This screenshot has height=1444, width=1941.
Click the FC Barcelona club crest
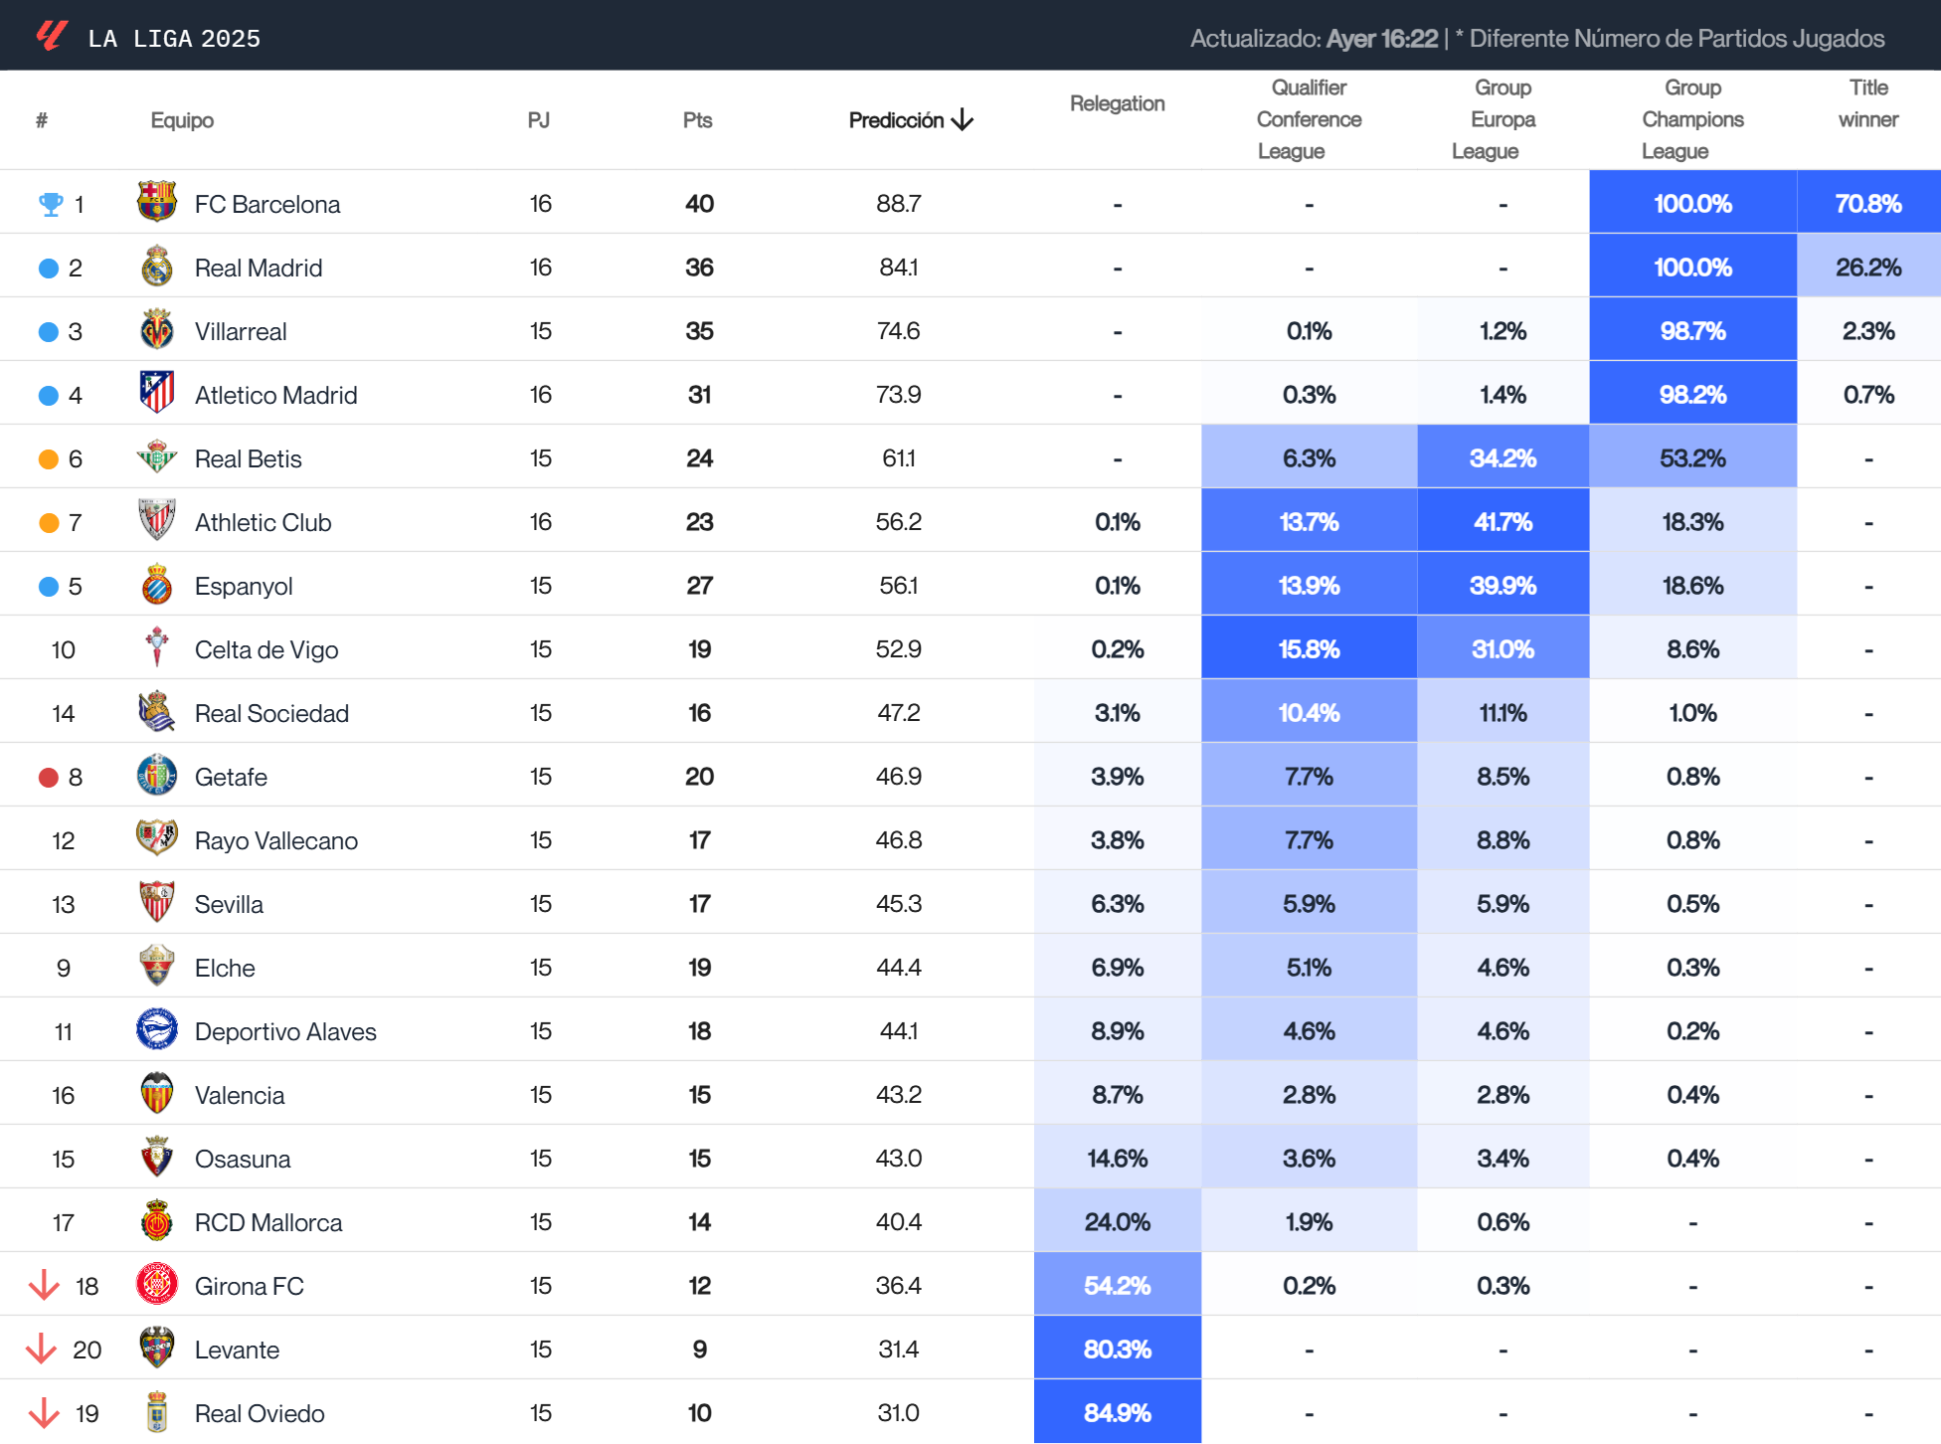(157, 202)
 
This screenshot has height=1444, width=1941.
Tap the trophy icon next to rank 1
(50, 205)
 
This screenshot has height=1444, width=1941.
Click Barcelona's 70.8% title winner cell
(1867, 204)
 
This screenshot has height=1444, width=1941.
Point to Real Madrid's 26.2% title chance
(1867, 268)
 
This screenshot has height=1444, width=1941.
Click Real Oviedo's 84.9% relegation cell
(1117, 1412)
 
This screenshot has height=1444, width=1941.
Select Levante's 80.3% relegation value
(1117, 1349)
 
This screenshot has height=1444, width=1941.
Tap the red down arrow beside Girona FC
(44, 1285)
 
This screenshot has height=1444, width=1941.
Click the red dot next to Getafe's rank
(48, 778)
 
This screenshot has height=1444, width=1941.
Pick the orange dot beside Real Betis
(48, 459)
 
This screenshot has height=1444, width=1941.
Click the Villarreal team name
(241, 331)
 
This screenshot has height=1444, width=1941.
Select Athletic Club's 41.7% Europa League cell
(1501, 522)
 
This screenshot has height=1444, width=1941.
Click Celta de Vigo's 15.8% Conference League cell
(1309, 649)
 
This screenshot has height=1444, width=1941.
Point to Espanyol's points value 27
(699, 586)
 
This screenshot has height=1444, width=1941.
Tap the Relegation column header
(1117, 103)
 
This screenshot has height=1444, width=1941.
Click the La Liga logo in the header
(52, 37)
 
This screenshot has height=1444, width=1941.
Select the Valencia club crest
(157, 1094)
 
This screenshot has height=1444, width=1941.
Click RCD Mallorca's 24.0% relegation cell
(1117, 1221)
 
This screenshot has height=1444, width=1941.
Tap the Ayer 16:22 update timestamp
(1381, 39)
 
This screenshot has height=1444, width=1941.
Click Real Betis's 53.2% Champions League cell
(1691, 458)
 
